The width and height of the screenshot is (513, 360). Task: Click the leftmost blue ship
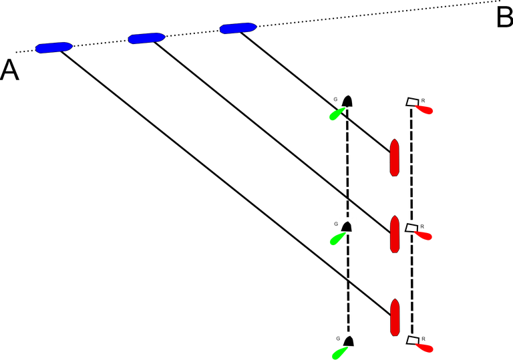pos(53,47)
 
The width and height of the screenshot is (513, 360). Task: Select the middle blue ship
pos(146,38)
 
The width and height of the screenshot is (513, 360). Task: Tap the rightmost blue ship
pos(238,28)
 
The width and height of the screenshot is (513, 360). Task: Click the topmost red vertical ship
pos(394,158)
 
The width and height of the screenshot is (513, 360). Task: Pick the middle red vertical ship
pos(394,234)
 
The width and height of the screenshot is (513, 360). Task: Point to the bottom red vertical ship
pos(394,317)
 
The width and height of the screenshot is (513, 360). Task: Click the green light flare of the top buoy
pos(336,115)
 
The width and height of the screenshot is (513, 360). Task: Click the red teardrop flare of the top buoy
pos(425,110)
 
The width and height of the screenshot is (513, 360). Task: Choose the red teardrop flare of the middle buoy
pos(425,236)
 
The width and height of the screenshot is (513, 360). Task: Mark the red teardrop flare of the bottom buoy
pos(425,348)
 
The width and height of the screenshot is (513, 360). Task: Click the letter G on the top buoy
pos(335,100)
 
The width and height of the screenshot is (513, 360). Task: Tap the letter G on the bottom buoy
pos(337,339)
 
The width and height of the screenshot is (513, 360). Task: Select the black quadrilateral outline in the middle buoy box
pos(412,228)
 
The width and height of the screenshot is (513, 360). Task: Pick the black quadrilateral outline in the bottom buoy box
pos(413,341)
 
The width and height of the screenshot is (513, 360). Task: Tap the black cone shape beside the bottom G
pos(349,341)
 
